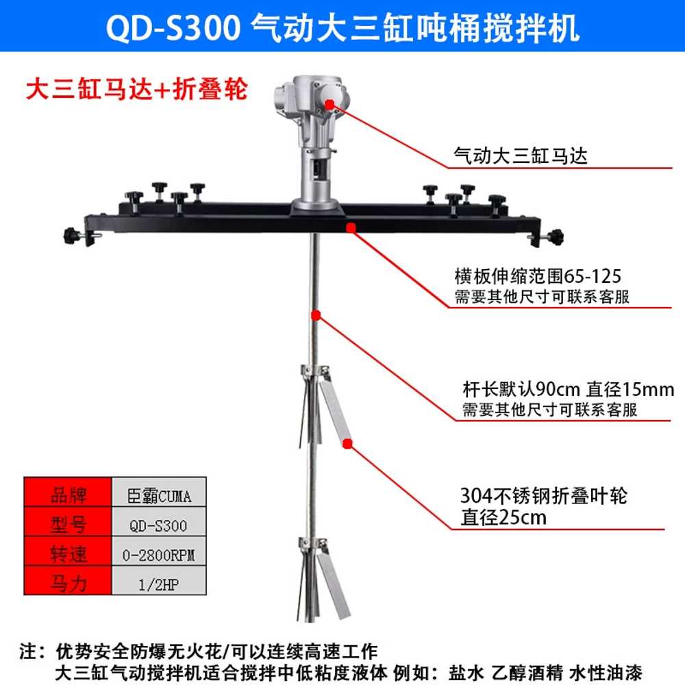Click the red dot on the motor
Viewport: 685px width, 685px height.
pyautogui.click(x=330, y=104)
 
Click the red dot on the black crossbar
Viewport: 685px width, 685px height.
pyautogui.click(x=350, y=227)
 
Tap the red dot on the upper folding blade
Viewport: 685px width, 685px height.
pyautogui.click(x=348, y=444)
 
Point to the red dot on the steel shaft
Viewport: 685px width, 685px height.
pyautogui.click(x=316, y=315)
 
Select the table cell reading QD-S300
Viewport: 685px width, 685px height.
pyautogui.click(x=159, y=525)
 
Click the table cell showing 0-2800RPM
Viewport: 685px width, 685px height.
pyautogui.click(x=159, y=555)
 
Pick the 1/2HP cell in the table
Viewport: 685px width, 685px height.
pyautogui.click(x=159, y=584)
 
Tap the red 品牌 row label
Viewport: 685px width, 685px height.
pyautogui.click(x=68, y=495)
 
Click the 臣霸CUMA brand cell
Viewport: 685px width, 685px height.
pyautogui.click(x=159, y=496)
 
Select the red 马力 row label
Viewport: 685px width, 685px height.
pyautogui.click(x=68, y=584)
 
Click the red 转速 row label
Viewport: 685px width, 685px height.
pyautogui.click(x=68, y=555)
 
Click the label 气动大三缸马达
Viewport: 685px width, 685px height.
pyautogui.click(x=521, y=155)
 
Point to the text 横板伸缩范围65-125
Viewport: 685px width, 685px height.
pyautogui.click(x=538, y=276)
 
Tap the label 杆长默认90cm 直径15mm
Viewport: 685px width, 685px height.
pyautogui.click(x=569, y=389)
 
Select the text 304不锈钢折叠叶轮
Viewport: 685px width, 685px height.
pyautogui.click(x=544, y=495)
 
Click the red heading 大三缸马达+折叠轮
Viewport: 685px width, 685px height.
pyautogui.click(x=137, y=90)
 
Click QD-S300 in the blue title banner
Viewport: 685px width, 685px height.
pyautogui.click(x=173, y=28)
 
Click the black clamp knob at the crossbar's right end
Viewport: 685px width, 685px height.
pyautogui.click(x=556, y=237)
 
